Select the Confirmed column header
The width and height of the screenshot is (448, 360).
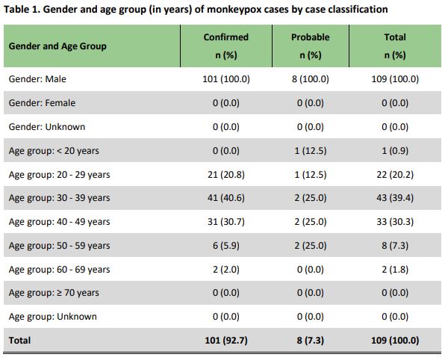point(225,37)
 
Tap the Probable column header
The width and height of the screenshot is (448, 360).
point(309,37)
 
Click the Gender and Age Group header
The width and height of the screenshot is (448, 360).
point(57,46)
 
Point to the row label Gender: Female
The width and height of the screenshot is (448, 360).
point(42,103)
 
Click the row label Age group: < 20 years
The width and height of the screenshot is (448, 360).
point(53,151)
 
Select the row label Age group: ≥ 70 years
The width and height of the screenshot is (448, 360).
point(53,293)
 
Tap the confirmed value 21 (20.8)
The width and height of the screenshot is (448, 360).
point(225,175)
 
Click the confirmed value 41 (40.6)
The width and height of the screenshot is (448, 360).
point(225,199)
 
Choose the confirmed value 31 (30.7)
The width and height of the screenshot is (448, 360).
point(225,222)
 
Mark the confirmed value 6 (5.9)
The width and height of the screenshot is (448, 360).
point(225,246)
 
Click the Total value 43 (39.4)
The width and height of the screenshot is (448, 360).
point(394,199)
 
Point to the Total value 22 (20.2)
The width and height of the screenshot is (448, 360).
point(394,175)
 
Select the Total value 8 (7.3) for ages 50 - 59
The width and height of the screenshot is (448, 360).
point(394,246)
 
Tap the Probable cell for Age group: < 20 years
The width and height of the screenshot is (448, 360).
point(309,151)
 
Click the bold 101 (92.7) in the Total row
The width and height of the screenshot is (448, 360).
point(225,341)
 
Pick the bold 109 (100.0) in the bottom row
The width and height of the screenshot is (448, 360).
point(394,341)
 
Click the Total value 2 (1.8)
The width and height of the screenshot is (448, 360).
point(394,270)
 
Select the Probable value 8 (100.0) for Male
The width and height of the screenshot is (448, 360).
point(309,79)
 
